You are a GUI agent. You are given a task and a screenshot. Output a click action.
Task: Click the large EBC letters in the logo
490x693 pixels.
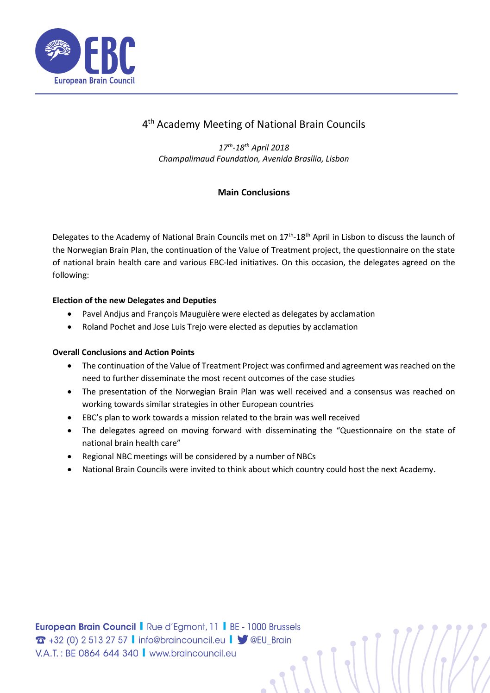pyautogui.click(x=110, y=56)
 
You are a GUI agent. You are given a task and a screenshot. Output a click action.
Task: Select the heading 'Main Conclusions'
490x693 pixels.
pyautogui.click(x=254, y=193)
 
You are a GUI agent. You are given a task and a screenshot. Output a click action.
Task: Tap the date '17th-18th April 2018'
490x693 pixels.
pyautogui.click(x=254, y=148)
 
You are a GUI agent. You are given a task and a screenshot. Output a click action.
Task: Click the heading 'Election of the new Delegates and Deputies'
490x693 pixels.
pyautogui.click(x=134, y=300)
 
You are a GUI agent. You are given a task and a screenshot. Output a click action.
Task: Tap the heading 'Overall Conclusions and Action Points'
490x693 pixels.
pyautogui.click(x=124, y=352)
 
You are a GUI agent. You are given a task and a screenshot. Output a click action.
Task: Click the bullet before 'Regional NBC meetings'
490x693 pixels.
pyautogui.click(x=69, y=456)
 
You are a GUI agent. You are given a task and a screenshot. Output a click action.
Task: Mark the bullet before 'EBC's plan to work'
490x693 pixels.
pyautogui.click(x=69, y=418)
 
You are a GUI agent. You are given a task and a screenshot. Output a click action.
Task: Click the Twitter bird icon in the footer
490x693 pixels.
pyautogui.click(x=242, y=640)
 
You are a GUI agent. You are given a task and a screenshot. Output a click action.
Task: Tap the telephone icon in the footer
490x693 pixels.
pyautogui.click(x=41, y=640)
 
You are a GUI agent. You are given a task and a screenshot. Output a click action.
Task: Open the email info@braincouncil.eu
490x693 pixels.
pyautogui.click(x=182, y=640)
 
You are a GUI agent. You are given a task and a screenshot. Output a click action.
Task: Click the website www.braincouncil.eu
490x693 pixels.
pyautogui.click(x=193, y=653)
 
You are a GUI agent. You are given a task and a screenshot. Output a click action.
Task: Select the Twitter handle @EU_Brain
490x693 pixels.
pyautogui.click(x=271, y=640)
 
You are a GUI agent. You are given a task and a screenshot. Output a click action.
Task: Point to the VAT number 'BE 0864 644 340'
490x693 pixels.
pyautogui.click(x=102, y=653)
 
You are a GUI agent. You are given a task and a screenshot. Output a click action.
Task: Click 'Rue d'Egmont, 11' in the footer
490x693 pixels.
pyautogui.click(x=182, y=627)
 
